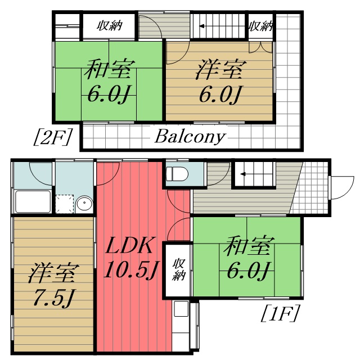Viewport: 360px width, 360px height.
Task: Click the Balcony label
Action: (190, 137)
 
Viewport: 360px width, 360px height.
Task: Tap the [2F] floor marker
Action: (52, 137)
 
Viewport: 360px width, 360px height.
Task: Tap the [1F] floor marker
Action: (280, 313)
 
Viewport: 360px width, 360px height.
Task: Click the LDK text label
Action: (129, 245)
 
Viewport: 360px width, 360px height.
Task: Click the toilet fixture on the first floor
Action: (177, 174)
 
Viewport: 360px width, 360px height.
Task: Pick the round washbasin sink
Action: (84, 204)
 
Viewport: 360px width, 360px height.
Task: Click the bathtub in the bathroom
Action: (33, 201)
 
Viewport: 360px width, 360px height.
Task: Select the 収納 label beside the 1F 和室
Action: (178, 269)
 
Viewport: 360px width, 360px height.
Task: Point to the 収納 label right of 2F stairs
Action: (261, 26)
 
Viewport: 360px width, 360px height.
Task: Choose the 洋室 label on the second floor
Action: (221, 69)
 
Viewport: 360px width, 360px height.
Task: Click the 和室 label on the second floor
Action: (109, 69)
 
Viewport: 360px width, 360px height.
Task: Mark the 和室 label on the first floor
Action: (249, 246)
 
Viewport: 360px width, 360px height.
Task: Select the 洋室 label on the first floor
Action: (53, 273)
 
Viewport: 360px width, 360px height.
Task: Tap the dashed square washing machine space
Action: (65, 204)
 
